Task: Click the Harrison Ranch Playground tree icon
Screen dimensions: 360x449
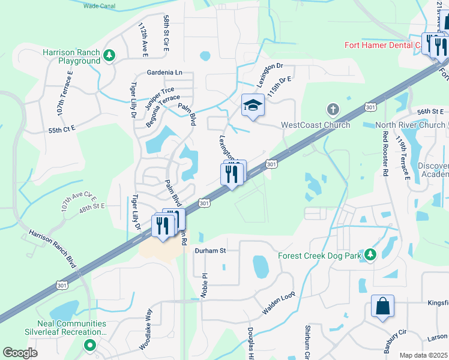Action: coord(109,56)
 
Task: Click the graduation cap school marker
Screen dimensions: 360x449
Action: coord(253,106)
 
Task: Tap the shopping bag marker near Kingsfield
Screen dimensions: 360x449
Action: coord(382,307)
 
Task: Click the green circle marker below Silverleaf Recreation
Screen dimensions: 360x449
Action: coord(90,345)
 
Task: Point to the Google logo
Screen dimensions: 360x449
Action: coord(19,353)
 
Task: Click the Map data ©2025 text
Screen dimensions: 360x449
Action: coord(423,355)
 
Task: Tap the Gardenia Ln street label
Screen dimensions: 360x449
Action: coord(164,73)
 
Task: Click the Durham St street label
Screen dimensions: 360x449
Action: coord(209,251)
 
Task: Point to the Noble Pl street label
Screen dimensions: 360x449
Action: coord(204,285)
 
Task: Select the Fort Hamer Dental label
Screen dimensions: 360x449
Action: coord(382,45)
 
